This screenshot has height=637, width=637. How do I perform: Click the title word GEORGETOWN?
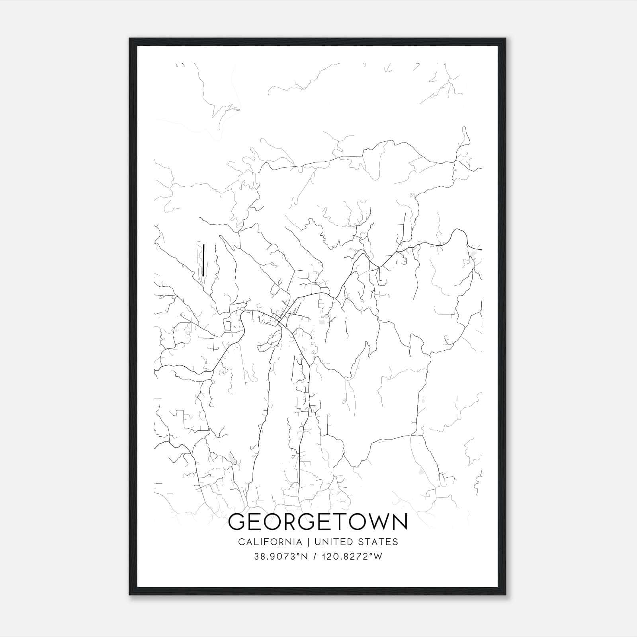(x=318, y=522)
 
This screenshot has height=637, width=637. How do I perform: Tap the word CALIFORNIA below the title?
(x=270, y=542)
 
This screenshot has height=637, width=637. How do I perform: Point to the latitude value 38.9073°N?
(x=281, y=557)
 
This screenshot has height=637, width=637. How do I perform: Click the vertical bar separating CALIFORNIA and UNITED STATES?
(x=308, y=542)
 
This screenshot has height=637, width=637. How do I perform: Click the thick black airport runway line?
(x=203, y=260)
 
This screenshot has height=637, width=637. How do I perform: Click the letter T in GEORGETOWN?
(x=339, y=522)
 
